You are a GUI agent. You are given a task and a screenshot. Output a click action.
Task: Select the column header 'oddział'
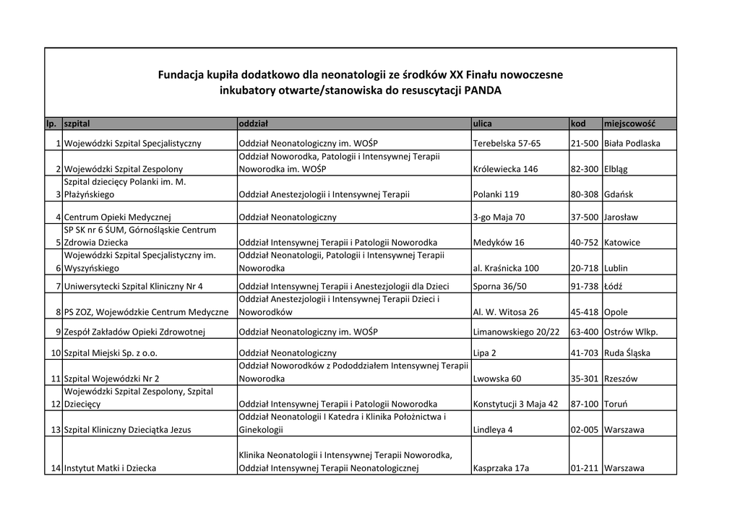tap(254, 124)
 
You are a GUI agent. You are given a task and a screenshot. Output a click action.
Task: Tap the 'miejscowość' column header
tap(629, 124)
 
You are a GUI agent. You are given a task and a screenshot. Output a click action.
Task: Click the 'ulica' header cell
tap(482, 124)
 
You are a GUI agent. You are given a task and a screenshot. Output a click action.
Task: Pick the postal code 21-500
tap(584, 143)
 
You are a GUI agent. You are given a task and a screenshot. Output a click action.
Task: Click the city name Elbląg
tap(616, 169)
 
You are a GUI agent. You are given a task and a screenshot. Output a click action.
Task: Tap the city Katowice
tap(622, 243)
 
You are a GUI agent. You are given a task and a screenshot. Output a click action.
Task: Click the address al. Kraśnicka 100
tap(506, 268)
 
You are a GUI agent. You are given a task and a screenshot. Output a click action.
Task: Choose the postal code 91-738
tap(584, 286)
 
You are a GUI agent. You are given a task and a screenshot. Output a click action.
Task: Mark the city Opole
tap(616, 312)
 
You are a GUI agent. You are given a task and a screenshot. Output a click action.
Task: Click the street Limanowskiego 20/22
tap(516, 332)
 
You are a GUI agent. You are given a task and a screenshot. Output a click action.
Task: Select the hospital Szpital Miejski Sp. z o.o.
tap(111, 353)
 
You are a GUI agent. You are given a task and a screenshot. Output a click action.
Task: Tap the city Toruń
tap(616, 404)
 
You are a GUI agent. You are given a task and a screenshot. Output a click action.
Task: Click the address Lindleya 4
tap(493, 430)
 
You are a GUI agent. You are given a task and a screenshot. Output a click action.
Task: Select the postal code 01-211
tap(584, 468)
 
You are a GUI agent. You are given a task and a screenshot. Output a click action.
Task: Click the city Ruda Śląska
tap(627, 353)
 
